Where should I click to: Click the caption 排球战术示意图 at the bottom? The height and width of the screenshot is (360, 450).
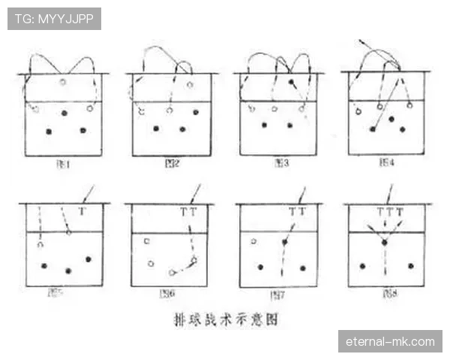225,318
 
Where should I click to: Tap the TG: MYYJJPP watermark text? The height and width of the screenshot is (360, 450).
54,18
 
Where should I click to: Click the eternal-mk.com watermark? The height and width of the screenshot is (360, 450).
390,341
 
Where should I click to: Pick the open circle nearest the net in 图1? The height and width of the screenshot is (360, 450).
63,82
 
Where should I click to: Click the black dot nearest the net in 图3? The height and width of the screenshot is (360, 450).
291,81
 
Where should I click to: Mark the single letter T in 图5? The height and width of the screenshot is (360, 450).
82,212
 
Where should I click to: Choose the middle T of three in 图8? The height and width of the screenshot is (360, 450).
389,212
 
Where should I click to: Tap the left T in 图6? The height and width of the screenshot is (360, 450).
184,212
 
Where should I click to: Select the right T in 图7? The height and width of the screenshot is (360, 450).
302,212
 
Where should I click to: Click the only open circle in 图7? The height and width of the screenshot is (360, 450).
254,241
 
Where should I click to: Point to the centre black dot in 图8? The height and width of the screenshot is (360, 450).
384,242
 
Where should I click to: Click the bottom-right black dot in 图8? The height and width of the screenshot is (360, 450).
410,265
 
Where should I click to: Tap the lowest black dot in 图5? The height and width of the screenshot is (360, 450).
68,270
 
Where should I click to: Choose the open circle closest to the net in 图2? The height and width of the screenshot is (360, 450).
190,85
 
